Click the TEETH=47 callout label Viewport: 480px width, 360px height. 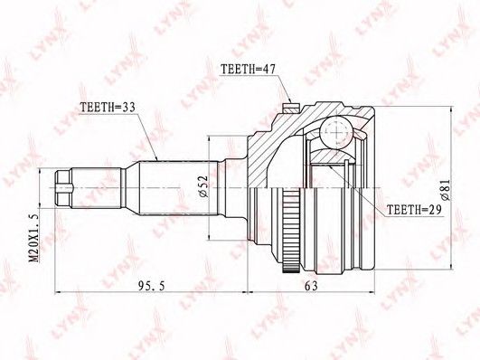click(x=249, y=70)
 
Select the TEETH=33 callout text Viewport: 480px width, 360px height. click(x=108, y=108)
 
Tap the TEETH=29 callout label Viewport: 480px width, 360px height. click(x=414, y=210)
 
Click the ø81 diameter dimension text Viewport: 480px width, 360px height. click(x=445, y=190)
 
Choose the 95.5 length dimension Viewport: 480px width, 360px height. click(x=152, y=286)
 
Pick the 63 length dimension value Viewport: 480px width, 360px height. click(x=311, y=286)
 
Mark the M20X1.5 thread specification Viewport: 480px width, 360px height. click(x=34, y=238)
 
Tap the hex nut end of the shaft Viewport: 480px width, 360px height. click(x=63, y=188)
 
